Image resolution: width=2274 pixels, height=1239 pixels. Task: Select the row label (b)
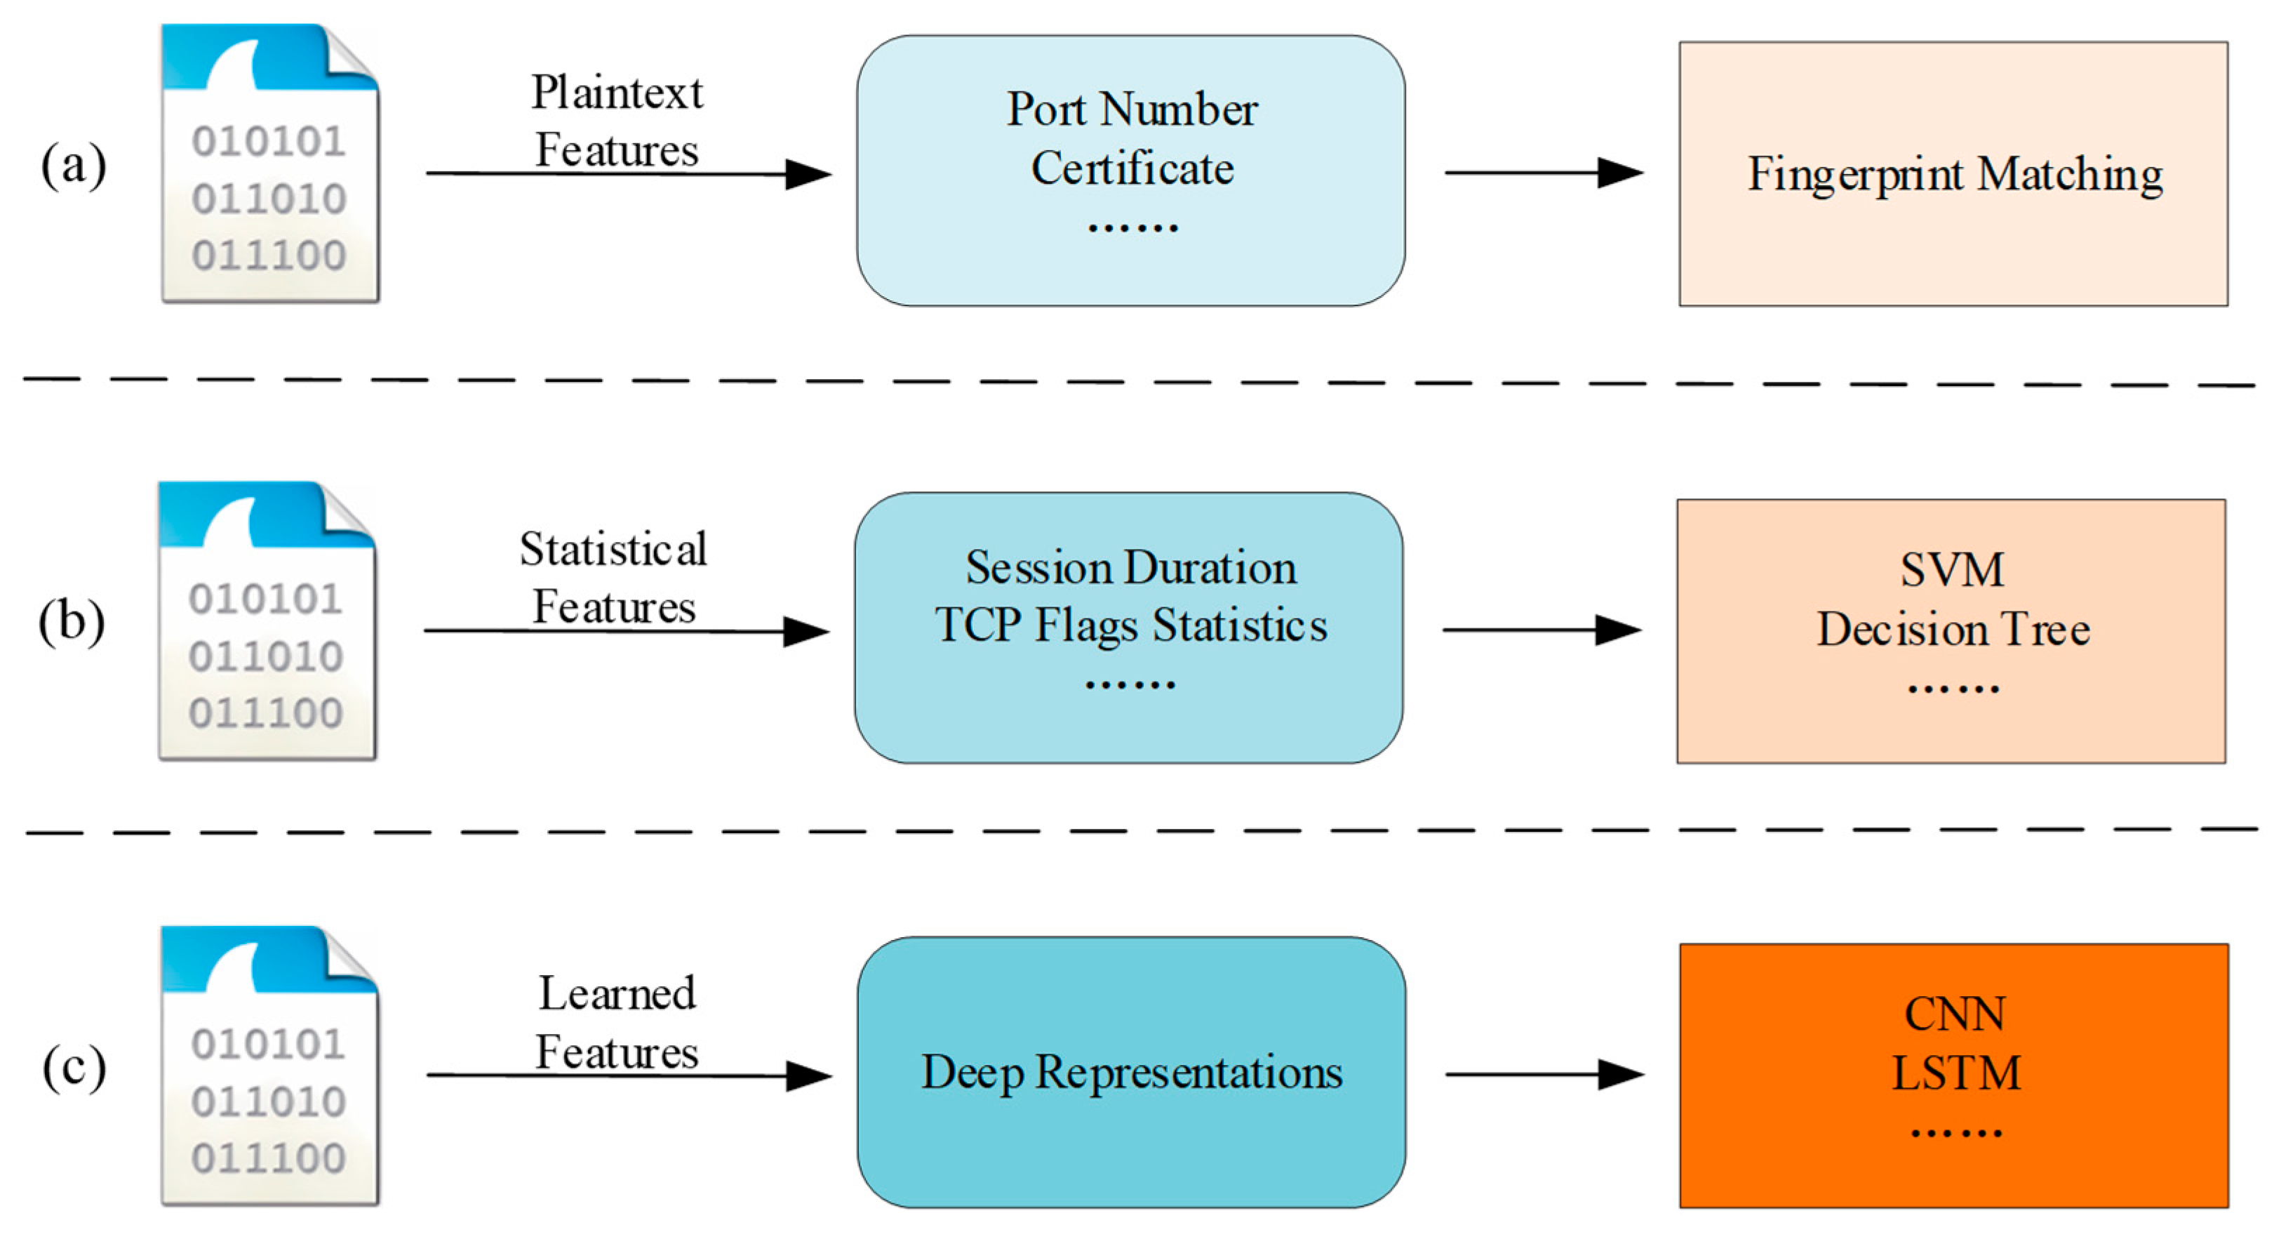(x=72, y=622)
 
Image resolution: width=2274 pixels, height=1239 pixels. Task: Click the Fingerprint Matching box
(x=1953, y=174)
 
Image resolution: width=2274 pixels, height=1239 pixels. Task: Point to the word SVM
(x=1952, y=569)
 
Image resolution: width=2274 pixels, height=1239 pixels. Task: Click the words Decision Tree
(x=1953, y=630)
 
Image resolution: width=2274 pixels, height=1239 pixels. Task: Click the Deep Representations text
(x=1131, y=1072)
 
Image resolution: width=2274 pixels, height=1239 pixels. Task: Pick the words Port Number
(x=1132, y=110)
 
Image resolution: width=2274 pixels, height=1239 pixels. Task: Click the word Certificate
(x=1132, y=168)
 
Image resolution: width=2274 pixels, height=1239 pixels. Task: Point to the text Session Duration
(x=1131, y=568)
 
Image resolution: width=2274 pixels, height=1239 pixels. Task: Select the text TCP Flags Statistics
(x=1131, y=625)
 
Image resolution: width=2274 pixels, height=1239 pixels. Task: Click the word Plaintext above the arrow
(x=616, y=93)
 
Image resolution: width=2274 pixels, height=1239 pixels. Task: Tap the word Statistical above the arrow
(x=613, y=549)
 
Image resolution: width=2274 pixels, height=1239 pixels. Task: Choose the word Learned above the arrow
(x=616, y=993)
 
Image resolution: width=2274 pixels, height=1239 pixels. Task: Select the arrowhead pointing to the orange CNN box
(x=1620, y=1075)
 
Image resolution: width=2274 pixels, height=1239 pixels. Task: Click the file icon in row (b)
(x=267, y=621)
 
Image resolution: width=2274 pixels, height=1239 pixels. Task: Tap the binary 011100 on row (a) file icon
(x=268, y=256)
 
